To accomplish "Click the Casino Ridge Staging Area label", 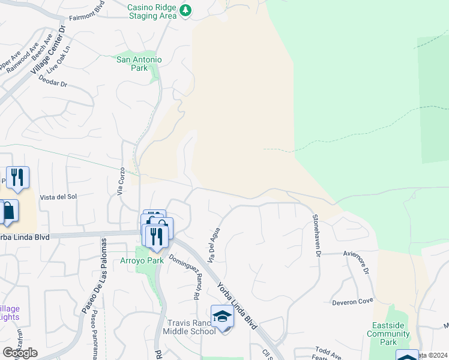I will click(x=152, y=11).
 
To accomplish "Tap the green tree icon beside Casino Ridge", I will click(x=185, y=10).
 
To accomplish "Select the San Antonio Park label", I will click(x=139, y=64).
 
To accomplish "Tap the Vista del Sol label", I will click(x=58, y=197).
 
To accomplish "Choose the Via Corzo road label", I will click(x=121, y=181).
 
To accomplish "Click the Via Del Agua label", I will click(x=214, y=245).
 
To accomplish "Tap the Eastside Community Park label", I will click(x=388, y=334).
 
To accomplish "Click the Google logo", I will click(x=20, y=352).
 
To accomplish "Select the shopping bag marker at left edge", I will click(x=8, y=211).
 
